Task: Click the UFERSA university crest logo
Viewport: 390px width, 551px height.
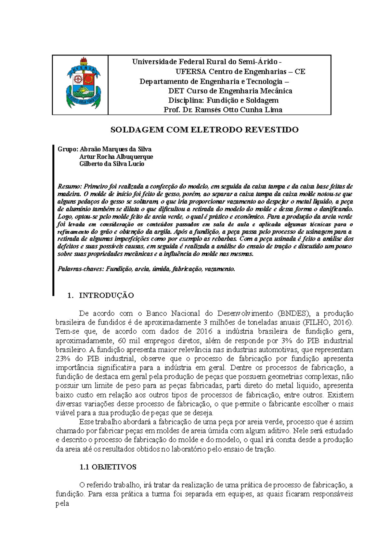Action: tap(83, 83)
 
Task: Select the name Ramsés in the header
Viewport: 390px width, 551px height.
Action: tap(207, 110)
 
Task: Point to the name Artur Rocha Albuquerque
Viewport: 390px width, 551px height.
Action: tap(116, 157)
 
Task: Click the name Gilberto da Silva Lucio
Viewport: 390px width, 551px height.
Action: tap(112, 164)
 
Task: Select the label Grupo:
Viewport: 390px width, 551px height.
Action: tap(68, 149)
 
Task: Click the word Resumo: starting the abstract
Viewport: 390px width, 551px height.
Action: tap(70, 187)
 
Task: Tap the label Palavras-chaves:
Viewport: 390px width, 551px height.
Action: tap(81, 269)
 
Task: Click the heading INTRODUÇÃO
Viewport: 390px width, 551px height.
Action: tap(106, 295)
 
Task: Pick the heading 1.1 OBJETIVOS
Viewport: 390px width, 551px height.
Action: tap(108, 467)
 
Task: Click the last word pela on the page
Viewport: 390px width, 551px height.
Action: tap(62, 503)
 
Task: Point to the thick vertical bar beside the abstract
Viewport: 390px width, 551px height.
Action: tap(53, 221)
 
